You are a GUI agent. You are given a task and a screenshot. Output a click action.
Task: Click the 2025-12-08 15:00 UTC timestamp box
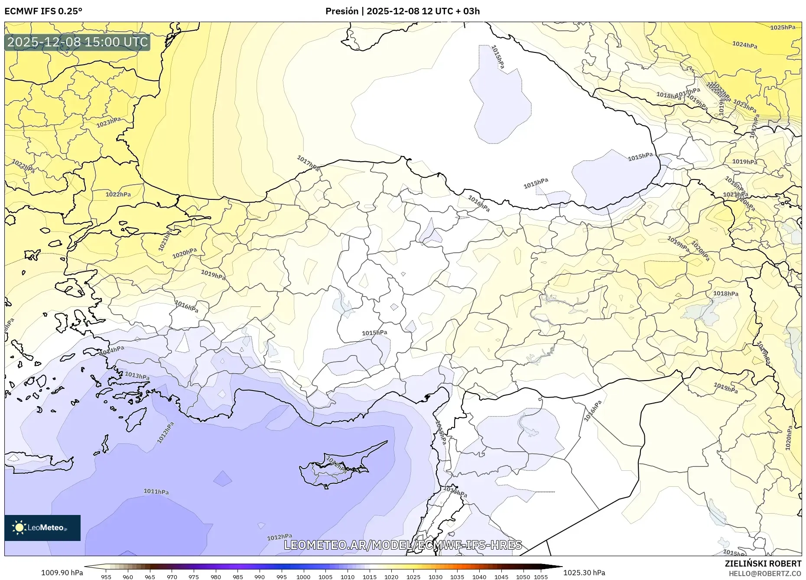77,42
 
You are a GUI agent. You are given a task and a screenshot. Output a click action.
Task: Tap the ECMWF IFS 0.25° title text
43,11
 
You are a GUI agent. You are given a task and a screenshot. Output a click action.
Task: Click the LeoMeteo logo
42,528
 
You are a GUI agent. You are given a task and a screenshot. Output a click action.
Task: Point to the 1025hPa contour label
783,27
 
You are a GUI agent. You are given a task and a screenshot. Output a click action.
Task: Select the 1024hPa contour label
744,45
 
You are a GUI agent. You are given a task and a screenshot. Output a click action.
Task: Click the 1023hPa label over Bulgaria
108,122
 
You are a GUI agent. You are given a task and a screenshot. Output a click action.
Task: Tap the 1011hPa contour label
156,492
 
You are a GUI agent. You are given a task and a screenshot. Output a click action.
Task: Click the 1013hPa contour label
137,375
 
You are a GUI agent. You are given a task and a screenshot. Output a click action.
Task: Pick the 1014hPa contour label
112,350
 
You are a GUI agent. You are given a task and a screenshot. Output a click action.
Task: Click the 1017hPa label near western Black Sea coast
308,163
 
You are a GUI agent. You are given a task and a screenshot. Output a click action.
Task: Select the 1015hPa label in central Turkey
374,333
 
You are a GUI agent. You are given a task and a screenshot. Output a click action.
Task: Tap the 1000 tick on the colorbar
303,577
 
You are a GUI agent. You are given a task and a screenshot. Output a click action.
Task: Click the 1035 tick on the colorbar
457,577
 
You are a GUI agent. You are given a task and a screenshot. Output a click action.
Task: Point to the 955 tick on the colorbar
106,577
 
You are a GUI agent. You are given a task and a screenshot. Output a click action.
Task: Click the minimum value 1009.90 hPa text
62,573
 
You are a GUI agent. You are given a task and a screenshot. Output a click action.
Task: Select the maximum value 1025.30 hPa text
584,573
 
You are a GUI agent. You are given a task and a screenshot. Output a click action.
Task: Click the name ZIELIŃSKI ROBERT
763,564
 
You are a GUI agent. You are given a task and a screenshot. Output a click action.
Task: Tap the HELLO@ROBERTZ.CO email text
764,573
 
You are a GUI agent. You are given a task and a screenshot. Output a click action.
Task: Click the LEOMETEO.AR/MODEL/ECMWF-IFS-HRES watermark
403,545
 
